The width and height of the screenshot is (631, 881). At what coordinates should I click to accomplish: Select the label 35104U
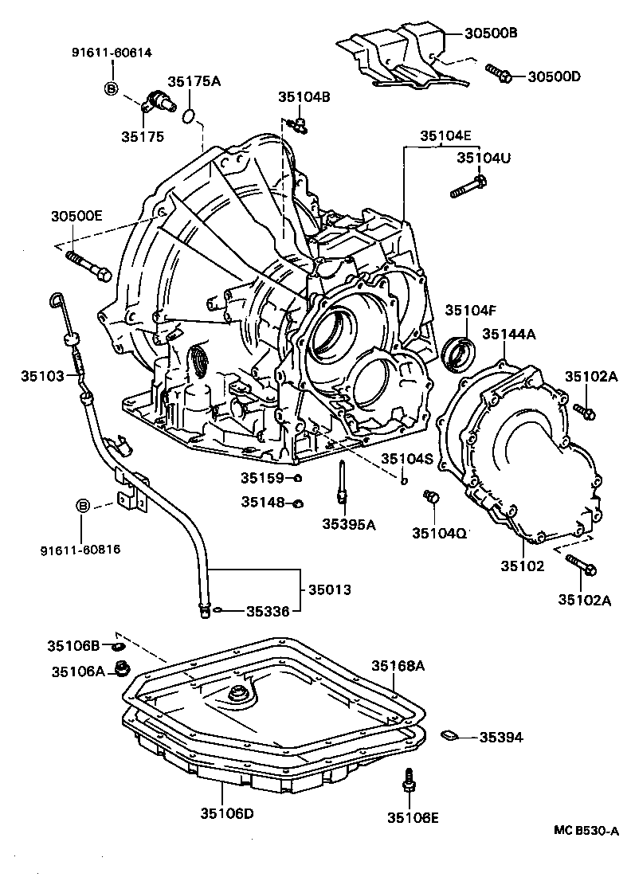pos(484,158)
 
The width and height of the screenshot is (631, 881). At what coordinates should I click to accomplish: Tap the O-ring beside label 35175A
pos(188,116)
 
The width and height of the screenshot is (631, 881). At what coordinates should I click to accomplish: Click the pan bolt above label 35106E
pos(408,781)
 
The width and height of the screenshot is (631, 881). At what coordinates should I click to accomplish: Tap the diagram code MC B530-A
pos(586,830)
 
